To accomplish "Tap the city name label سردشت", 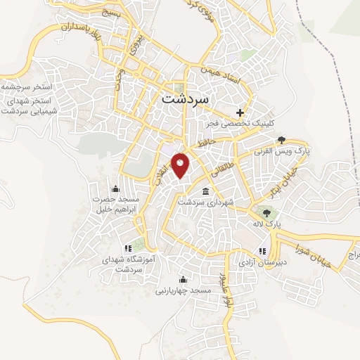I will click(185, 98).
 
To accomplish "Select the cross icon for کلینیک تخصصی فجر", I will click(240, 112).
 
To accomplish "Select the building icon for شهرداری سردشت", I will click(205, 191).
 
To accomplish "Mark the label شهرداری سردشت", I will click(205, 202).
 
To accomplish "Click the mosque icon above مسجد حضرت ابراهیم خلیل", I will click(116, 188).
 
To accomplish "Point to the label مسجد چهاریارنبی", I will click(182, 289).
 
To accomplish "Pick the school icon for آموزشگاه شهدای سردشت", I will click(127, 248).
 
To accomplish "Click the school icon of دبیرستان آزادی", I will click(262, 251).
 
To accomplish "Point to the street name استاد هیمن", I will click(220, 77).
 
